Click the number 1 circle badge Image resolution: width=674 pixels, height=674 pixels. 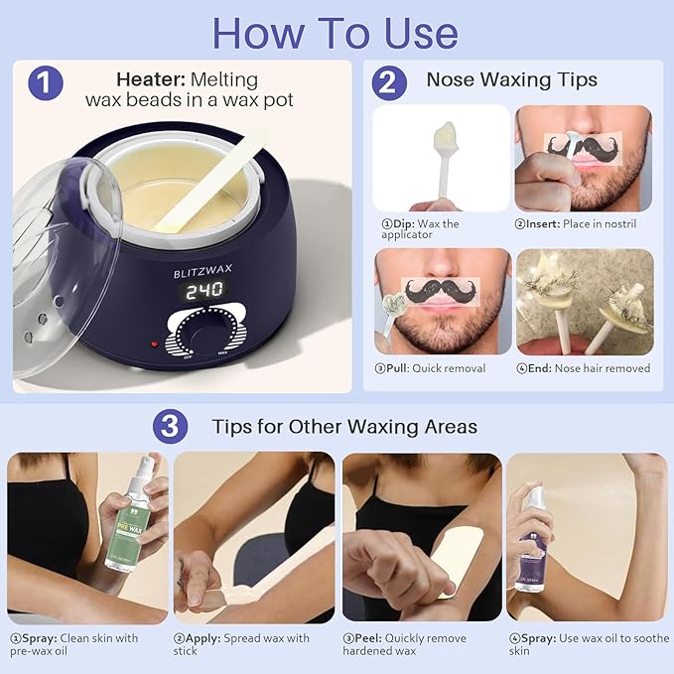(45, 81)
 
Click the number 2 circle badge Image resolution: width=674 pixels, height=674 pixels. (389, 81)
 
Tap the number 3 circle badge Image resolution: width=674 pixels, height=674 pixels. (171, 427)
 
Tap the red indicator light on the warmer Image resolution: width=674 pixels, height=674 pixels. (154, 344)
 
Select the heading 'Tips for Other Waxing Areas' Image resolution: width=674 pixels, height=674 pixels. (343, 427)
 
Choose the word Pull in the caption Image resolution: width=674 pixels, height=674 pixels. (403, 368)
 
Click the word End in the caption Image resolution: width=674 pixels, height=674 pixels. (539, 368)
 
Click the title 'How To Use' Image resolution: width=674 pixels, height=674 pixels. (336, 33)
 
